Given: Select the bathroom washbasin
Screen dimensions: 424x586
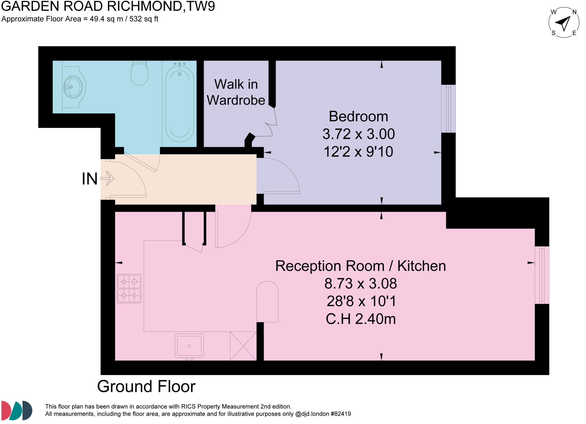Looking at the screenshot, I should coord(73,87).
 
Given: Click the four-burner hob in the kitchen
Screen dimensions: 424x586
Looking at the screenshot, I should coord(129,288).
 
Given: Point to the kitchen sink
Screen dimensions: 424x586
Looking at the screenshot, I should coord(189,346).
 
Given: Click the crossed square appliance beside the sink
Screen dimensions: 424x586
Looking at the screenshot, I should coord(243,346).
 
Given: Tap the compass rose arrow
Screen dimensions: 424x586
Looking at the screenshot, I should coord(563,23).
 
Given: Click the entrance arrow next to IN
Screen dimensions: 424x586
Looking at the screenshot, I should coord(108,178).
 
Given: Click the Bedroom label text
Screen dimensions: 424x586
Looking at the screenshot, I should coord(358,117).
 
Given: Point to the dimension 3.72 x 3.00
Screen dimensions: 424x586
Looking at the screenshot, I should coord(358,134).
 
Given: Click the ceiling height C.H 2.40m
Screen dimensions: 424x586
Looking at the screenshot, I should coord(361,319).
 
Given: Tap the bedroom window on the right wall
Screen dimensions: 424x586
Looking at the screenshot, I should coord(448,109).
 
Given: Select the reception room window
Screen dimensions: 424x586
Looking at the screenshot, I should coord(542,275).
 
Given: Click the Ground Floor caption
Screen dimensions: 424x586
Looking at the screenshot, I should coord(146,386).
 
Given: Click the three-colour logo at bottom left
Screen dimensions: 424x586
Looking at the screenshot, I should coord(17,410).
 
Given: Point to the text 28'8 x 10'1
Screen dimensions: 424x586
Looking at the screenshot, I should coord(361,301).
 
